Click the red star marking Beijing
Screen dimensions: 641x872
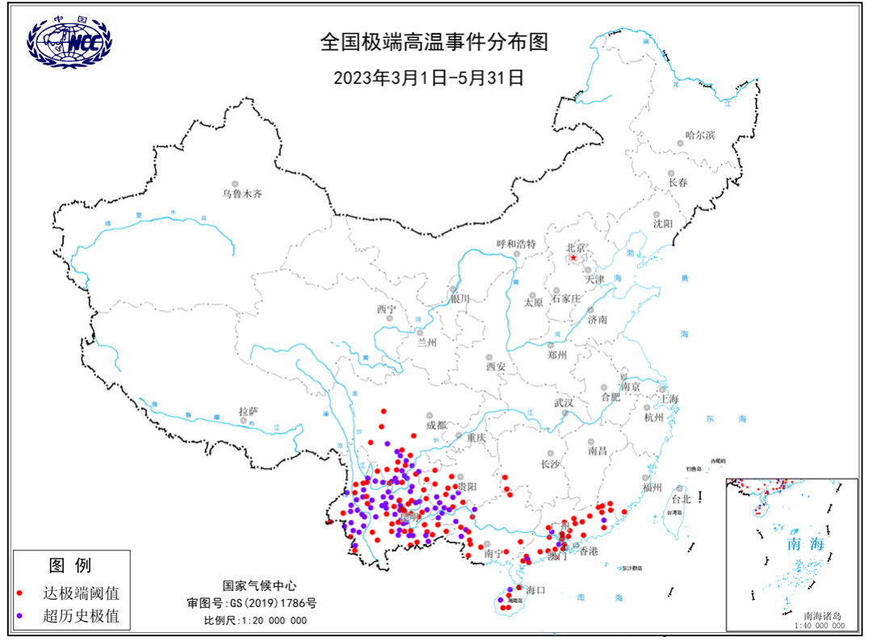pyautogui.click(x=574, y=258)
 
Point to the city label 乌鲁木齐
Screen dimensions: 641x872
pyautogui.click(x=243, y=194)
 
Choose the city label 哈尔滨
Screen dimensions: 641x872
pyautogui.click(x=700, y=134)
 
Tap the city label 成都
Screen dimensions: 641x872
pyautogui.click(x=436, y=425)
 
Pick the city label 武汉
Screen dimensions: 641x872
pyautogui.click(x=563, y=402)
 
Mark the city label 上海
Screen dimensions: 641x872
pyautogui.click(x=669, y=399)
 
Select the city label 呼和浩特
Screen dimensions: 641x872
pyautogui.click(x=516, y=244)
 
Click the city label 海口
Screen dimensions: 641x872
pyautogui.click(x=536, y=589)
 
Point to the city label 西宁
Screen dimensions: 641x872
pyautogui.click(x=386, y=309)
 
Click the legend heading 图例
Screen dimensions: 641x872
pyautogui.click(x=70, y=564)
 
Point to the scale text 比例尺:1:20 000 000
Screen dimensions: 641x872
pyautogui.click(x=255, y=620)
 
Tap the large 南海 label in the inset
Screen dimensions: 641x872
pyautogui.click(x=806, y=543)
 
